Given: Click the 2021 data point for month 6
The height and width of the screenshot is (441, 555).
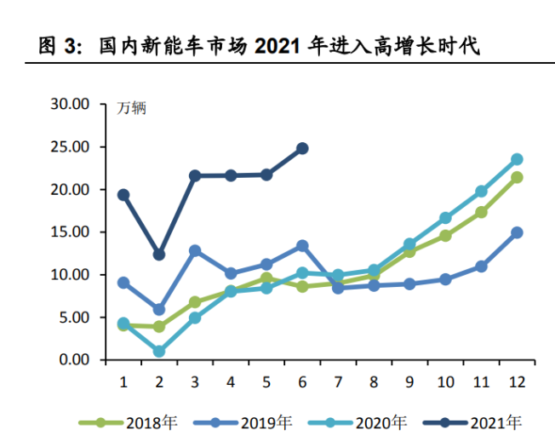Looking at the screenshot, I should [x=302, y=148].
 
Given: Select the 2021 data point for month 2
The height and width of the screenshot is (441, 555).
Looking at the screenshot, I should [x=159, y=255].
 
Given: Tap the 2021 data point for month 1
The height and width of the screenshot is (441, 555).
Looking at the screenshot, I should [x=123, y=195].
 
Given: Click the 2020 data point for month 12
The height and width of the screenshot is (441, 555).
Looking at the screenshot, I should [x=517, y=159].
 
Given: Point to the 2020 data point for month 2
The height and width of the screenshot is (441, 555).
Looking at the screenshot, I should [x=159, y=351].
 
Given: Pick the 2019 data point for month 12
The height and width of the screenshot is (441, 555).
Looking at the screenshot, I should [x=517, y=232].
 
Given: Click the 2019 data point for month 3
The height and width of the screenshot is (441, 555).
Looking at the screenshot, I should [x=195, y=251].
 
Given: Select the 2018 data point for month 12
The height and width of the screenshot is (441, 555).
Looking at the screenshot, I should [x=517, y=177].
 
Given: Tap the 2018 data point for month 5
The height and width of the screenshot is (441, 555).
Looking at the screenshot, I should [x=266, y=278].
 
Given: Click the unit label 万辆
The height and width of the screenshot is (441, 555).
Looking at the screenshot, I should [x=132, y=108].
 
